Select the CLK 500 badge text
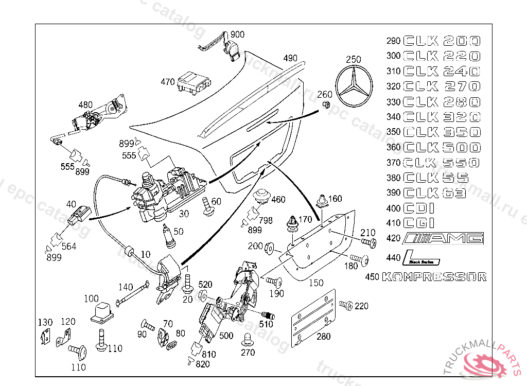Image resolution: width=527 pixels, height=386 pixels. point(442,148)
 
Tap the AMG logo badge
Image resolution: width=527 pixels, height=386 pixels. point(444,238)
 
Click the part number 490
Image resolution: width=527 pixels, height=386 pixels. point(290,58)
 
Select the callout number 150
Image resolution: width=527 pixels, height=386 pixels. point(316,283)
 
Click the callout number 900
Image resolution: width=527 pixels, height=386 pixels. point(237,34)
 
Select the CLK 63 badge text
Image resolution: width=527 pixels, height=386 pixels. point(435,193)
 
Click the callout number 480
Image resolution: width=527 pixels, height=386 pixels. point(85,104)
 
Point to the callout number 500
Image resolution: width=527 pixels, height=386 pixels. point(226,336)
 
